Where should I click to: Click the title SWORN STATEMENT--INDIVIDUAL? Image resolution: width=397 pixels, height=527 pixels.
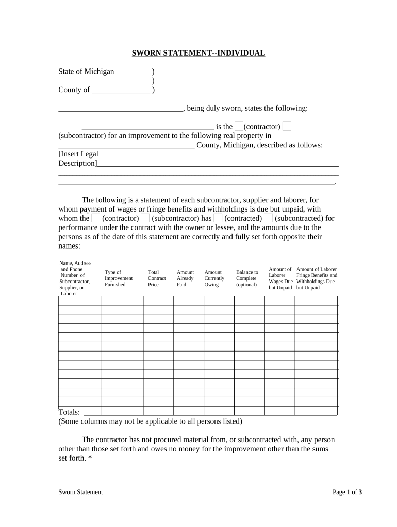tap(198, 53)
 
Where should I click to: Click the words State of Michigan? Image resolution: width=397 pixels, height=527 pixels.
tap(86, 72)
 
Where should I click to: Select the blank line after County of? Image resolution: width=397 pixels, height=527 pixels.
tap(121, 90)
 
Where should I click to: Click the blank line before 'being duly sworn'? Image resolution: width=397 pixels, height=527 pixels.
tap(120, 109)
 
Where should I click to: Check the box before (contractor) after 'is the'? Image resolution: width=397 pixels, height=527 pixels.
tap(239, 127)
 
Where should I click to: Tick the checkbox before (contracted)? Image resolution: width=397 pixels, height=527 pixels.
tap(218, 218)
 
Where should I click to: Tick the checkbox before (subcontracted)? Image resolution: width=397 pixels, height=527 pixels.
tap(268, 218)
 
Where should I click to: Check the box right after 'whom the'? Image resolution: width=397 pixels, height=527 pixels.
tap(96, 218)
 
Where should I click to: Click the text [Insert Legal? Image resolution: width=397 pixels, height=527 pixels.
tap(78, 154)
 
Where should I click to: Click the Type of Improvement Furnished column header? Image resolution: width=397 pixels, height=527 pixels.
tap(119, 278)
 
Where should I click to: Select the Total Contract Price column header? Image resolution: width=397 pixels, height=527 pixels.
tap(157, 278)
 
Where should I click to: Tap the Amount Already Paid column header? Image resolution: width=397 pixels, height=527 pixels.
tap(185, 278)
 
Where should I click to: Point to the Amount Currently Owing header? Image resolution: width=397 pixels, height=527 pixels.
tap(214, 278)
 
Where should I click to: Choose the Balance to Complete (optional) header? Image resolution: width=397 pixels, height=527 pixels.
tap(247, 278)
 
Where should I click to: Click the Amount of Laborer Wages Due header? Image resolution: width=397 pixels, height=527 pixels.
tap(280, 278)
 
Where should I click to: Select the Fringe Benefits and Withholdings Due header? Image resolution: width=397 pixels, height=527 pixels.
tap(317, 278)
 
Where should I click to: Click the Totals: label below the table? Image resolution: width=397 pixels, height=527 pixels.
tap(70, 412)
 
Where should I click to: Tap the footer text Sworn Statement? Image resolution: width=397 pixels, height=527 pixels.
tap(80, 492)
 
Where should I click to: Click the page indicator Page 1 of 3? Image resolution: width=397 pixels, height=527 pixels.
tap(347, 492)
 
